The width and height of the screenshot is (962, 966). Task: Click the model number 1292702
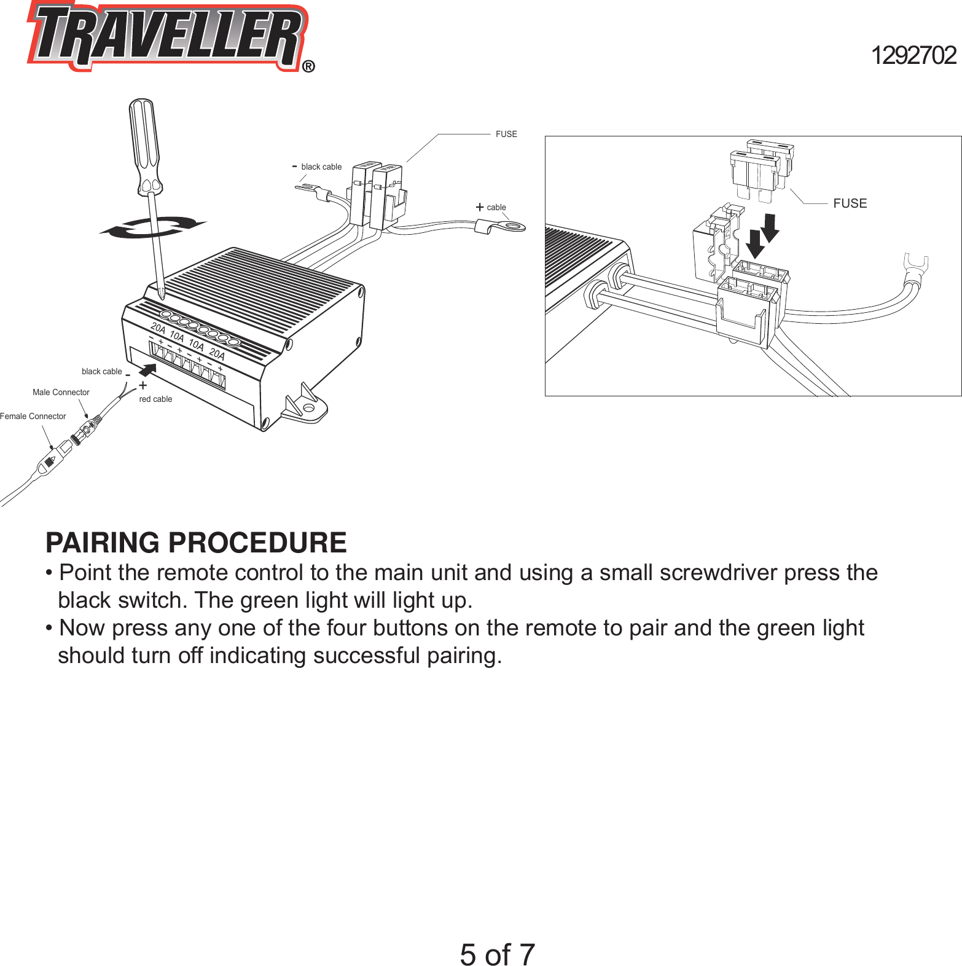(913, 55)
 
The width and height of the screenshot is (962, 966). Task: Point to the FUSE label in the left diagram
(506, 134)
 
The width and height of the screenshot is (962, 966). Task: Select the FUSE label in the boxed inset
(850, 203)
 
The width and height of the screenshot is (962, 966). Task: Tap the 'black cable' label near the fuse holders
(321, 167)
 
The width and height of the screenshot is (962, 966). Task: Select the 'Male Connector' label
(61, 392)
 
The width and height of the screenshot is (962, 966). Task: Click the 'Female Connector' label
(33, 416)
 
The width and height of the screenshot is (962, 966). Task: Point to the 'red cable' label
(155, 399)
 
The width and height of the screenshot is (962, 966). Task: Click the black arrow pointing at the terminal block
(147, 370)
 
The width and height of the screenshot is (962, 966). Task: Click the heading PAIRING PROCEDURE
(196, 543)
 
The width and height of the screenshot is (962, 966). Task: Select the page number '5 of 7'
(497, 954)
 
